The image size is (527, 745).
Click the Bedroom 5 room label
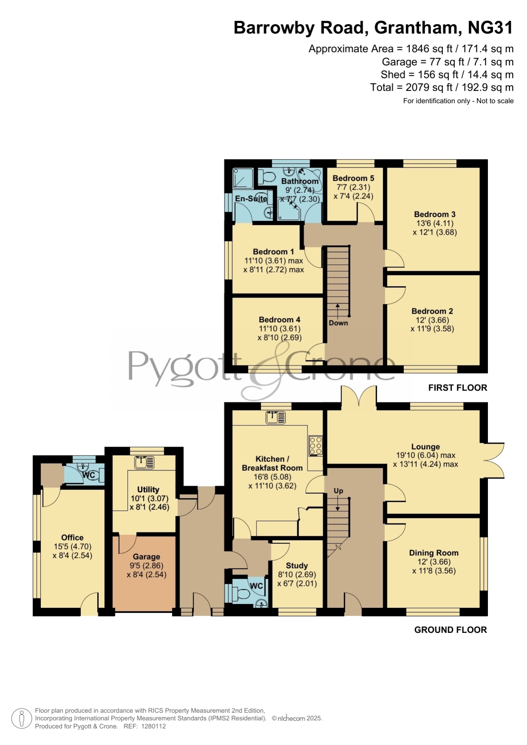coord(353,178)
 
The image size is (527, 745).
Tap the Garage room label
coord(147,557)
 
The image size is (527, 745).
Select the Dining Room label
coord(434,553)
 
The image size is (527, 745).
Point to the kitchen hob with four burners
coord(316,446)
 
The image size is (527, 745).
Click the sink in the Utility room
coord(144,462)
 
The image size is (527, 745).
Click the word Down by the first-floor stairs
coord(338,323)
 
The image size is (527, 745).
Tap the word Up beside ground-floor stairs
coord(338,491)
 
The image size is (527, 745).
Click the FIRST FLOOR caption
coord(457,388)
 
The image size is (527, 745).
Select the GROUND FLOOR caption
coord(451,630)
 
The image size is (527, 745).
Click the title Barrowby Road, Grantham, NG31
coord(373,28)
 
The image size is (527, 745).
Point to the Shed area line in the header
coord(447,75)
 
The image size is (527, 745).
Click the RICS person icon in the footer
coord(21,719)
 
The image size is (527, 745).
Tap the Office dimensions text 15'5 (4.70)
coord(73,547)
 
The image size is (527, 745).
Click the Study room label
coord(297,565)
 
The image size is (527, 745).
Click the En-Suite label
coord(251,199)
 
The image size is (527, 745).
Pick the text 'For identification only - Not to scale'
coord(458,101)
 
